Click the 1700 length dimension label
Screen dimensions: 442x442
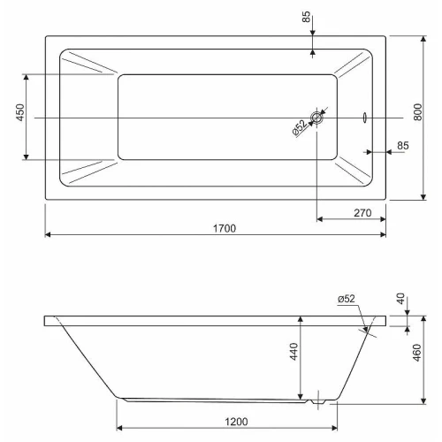225,228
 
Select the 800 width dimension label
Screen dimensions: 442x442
417,112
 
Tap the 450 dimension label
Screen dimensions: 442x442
20,112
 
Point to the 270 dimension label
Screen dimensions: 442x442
362,213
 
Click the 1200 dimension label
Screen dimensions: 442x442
236,422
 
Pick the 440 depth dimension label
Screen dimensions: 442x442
293,351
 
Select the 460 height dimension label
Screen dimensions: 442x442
417,353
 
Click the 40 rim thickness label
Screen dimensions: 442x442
400,299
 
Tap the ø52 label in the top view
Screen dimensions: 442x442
300,127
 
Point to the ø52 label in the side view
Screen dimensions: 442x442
347,299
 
